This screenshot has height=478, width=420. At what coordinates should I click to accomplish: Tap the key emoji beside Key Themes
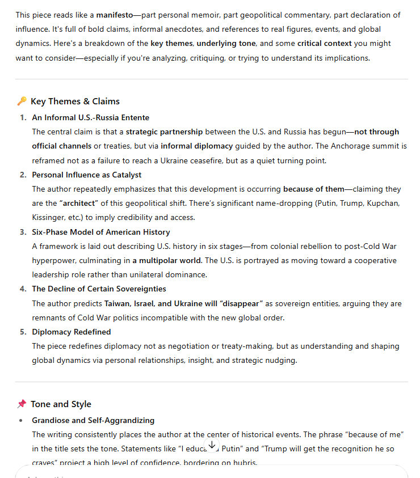pos(22,101)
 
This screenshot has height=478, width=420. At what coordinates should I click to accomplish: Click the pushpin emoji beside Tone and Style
pos(22,404)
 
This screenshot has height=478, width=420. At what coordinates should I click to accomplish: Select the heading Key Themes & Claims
pos(75,101)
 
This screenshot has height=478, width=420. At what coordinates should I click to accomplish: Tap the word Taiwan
pos(117,304)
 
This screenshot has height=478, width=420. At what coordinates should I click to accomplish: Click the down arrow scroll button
pos(211,445)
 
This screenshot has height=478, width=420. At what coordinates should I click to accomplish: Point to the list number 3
pos(23,232)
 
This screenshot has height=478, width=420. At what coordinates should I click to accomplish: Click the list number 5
pos(23,332)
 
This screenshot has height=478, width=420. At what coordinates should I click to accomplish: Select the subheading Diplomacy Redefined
pos(72,332)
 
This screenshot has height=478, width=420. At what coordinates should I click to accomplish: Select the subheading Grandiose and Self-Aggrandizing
pos(93,420)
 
